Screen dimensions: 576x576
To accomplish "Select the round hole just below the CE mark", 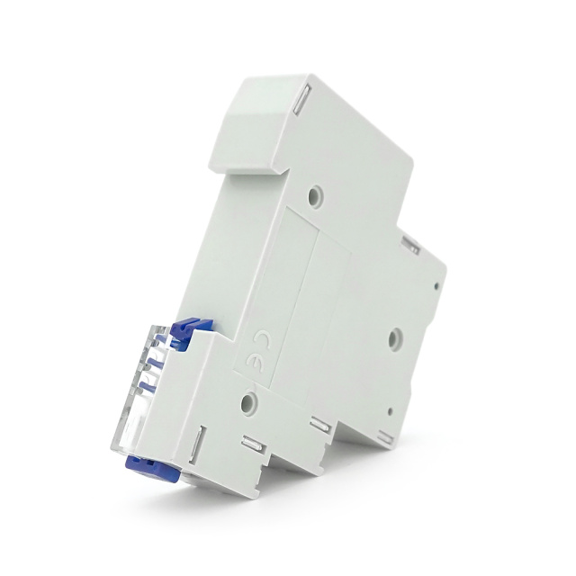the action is (248, 402).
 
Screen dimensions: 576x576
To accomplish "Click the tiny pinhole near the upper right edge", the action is (436, 285).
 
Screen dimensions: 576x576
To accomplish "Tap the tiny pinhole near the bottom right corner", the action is (390, 411).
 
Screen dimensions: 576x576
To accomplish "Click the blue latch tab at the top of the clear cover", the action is (192, 329).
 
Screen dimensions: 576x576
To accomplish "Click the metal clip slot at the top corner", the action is (301, 98).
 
